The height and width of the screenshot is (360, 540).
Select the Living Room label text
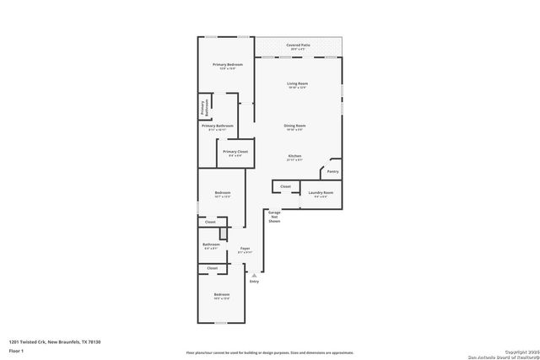pyautogui.click(x=296, y=83)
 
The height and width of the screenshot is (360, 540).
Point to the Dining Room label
pyautogui.click(x=294, y=126)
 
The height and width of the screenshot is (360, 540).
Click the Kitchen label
pyautogui.click(x=294, y=157)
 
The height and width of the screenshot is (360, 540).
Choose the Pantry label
pyautogui.click(x=332, y=171)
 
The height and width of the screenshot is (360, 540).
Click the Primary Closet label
pyautogui.click(x=235, y=152)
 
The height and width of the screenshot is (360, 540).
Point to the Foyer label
pyautogui.click(x=245, y=249)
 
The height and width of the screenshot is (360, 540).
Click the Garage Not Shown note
pyautogui.click(x=273, y=218)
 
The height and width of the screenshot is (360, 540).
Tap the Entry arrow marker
pyautogui.click(x=254, y=274)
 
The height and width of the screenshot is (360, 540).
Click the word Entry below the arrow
pyautogui.click(x=254, y=281)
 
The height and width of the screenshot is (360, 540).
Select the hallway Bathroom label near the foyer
pyautogui.click(x=210, y=244)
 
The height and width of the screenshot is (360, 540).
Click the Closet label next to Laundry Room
pyautogui.click(x=285, y=186)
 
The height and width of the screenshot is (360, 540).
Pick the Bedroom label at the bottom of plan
pyautogui.click(x=222, y=294)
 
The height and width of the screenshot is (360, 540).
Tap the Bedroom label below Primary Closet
pyautogui.click(x=222, y=193)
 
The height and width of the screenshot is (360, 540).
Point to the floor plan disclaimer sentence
pyautogui.click(x=269, y=352)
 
